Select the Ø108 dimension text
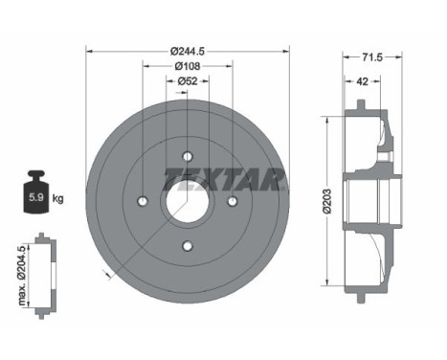[x=187, y=66]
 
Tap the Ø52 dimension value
[x=187, y=81]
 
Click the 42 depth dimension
[x=362, y=82]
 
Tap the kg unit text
[x=58, y=199]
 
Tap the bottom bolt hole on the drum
[x=187, y=246]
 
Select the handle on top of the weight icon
[x=35, y=177]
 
